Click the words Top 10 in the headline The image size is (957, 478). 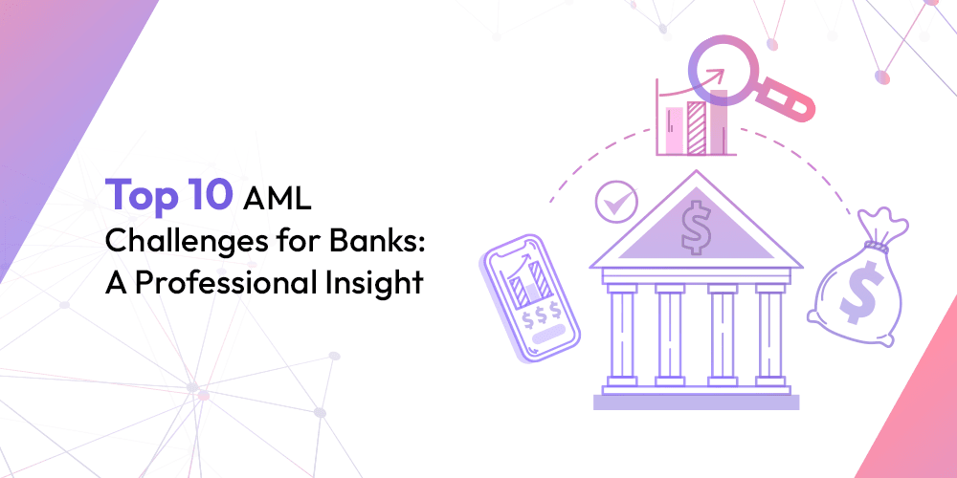coord(168,195)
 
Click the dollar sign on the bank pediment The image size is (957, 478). coord(694,227)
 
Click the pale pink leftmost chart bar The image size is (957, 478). coord(674,130)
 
